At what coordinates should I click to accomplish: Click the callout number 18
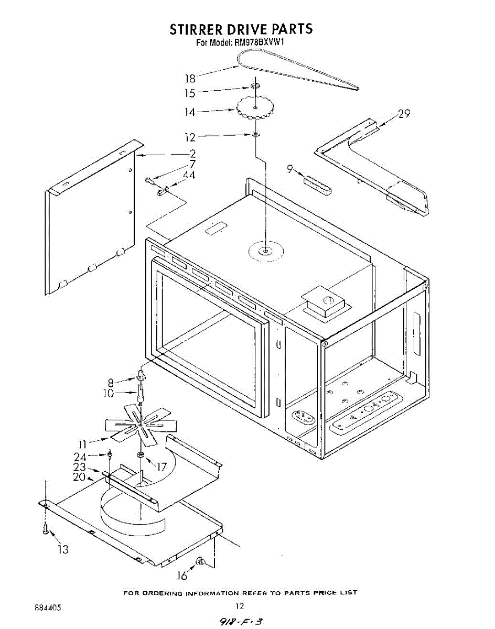tap(190, 79)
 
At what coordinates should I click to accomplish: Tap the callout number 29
tap(404, 113)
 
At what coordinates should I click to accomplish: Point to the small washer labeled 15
tap(255, 85)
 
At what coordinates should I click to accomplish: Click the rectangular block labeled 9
tap(317, 185)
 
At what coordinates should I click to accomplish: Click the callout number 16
tap(181, 576)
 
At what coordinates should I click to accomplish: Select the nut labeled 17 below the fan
tap(141, 454)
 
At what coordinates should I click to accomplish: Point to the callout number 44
tap(189, 175)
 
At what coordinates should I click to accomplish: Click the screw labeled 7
tap(149, 181)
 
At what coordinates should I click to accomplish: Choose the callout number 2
tap(192, 154)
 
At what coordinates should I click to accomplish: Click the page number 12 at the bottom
tap(239, 606)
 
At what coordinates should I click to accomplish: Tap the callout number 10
tap(108, 393)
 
